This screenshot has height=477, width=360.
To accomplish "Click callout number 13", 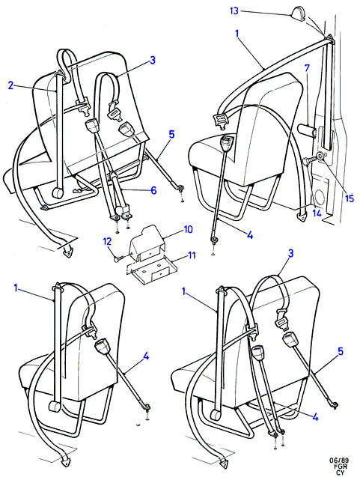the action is point(234,11).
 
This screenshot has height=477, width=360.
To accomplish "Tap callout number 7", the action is point(307,68).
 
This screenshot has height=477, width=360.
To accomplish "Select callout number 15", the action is point(350,198).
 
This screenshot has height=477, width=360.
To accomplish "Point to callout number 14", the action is point(317,213).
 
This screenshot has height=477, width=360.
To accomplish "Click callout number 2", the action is point(11,86).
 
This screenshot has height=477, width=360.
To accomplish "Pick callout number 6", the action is point(153,190).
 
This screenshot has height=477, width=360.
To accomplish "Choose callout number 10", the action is point(188,229).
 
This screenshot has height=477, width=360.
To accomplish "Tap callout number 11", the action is point(191,255).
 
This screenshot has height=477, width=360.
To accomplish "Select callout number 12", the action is point(107,241).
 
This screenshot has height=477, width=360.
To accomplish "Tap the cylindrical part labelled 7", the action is point(306,131).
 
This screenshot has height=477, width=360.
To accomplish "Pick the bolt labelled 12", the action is point(118,259).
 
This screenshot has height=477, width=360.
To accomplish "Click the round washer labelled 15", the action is point(320,157).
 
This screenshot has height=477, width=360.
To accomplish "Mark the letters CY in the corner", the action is point(341,473).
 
